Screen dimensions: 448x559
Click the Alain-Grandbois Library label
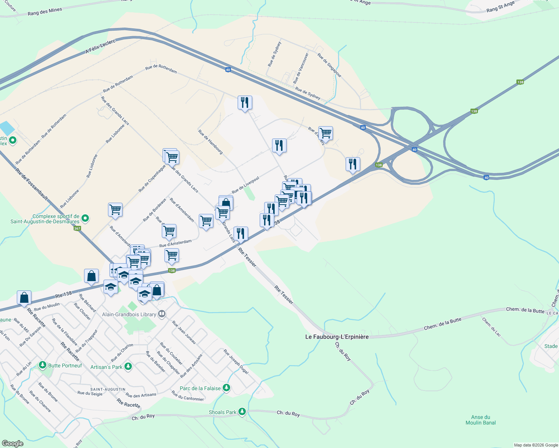pyautogui.click(x=129, y=314)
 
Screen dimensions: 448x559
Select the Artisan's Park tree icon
pyautogui.click(x=128, y=367)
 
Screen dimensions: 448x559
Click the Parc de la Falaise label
pyautogui.click(x=200, y=388)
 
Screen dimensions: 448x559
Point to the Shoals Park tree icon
pyautogui.click(x=243, y=412)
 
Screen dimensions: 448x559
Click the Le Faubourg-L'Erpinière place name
pyautogui.click(x=337, y=337)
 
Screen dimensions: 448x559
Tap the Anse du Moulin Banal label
pyautogui.click(x=481, y=420)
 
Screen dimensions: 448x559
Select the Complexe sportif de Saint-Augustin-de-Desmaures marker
pyautogui.click(x=85, y=218)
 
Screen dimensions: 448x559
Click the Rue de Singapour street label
pyautogui.click(x=329, y=65)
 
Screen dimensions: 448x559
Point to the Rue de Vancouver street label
pyautogui.click(x=301, y=68)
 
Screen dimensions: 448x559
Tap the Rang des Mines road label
pyautogui.click(x=45, y=12)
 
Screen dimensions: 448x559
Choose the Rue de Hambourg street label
pyautogui.click(x=210, y=142)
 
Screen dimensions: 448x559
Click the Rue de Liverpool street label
pyautogui.click(x=245, y=185)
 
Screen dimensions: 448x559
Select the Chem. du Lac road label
pyautogui.click(x=491, y=327)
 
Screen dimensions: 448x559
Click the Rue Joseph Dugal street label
pyautogui.click(x=236, y=361)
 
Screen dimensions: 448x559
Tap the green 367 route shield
pyautogui.click(x=77, y=228)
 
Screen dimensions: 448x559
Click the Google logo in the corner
pyautogui.click(x=12, y=444)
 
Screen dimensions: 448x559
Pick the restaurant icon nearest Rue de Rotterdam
pyautogui.click(x=245, y=102)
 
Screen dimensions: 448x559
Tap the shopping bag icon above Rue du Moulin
pyautogui.click(x=24, y=298)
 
